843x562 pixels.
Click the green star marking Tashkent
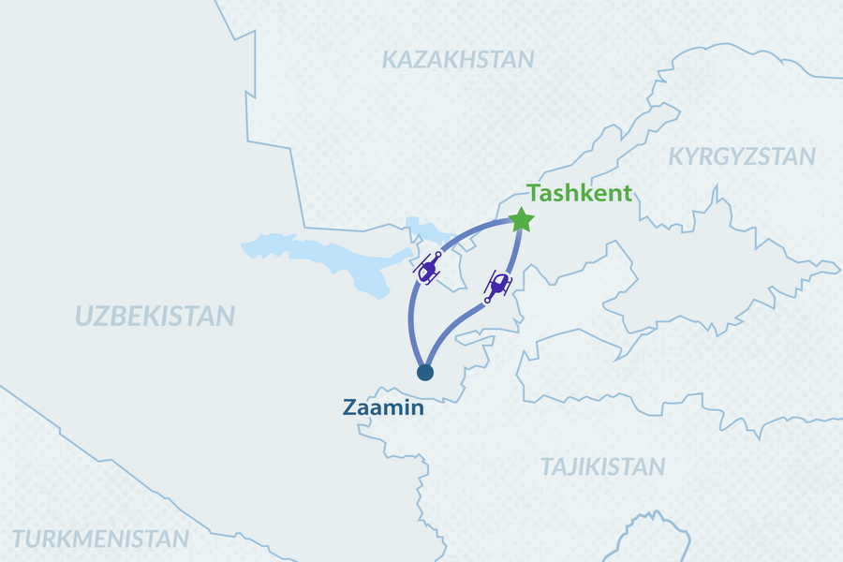[522, 221]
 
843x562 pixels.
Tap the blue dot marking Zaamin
[425, 373]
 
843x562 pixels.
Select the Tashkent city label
[580, 194]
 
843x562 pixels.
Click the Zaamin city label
[383, 408]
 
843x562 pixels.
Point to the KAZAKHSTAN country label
[458, 60]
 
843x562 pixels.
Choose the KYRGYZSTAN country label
[741, 156]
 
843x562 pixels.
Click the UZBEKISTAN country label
[155, 317]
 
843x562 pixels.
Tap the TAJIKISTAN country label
[602, 466]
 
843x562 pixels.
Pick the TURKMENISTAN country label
[101, 540]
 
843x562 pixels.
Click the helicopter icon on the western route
[429, 269]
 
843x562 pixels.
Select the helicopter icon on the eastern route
[498, 285]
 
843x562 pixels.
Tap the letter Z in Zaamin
[349, 408]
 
